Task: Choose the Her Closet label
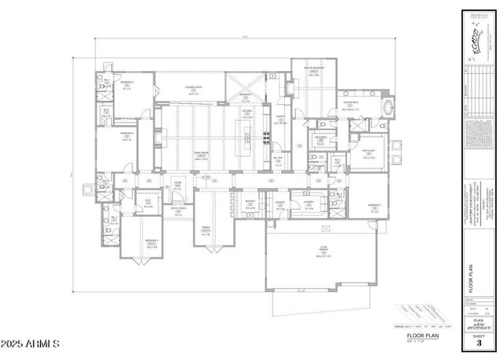pos(367,154)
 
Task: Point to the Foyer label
pos(177,187)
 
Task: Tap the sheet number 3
pos(479,343)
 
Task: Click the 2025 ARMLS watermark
pos(31,344)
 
